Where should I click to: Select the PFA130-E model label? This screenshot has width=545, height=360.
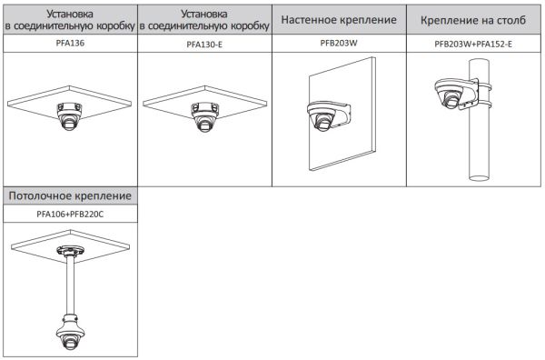(204, 43)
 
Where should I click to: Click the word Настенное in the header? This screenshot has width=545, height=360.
(312, 19)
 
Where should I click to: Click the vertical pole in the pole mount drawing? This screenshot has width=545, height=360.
(475, 145)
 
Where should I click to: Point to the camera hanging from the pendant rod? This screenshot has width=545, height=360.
(71, 333)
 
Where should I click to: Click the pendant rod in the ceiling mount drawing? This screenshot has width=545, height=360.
(70, 283)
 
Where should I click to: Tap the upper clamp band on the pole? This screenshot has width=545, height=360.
(475, 81)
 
